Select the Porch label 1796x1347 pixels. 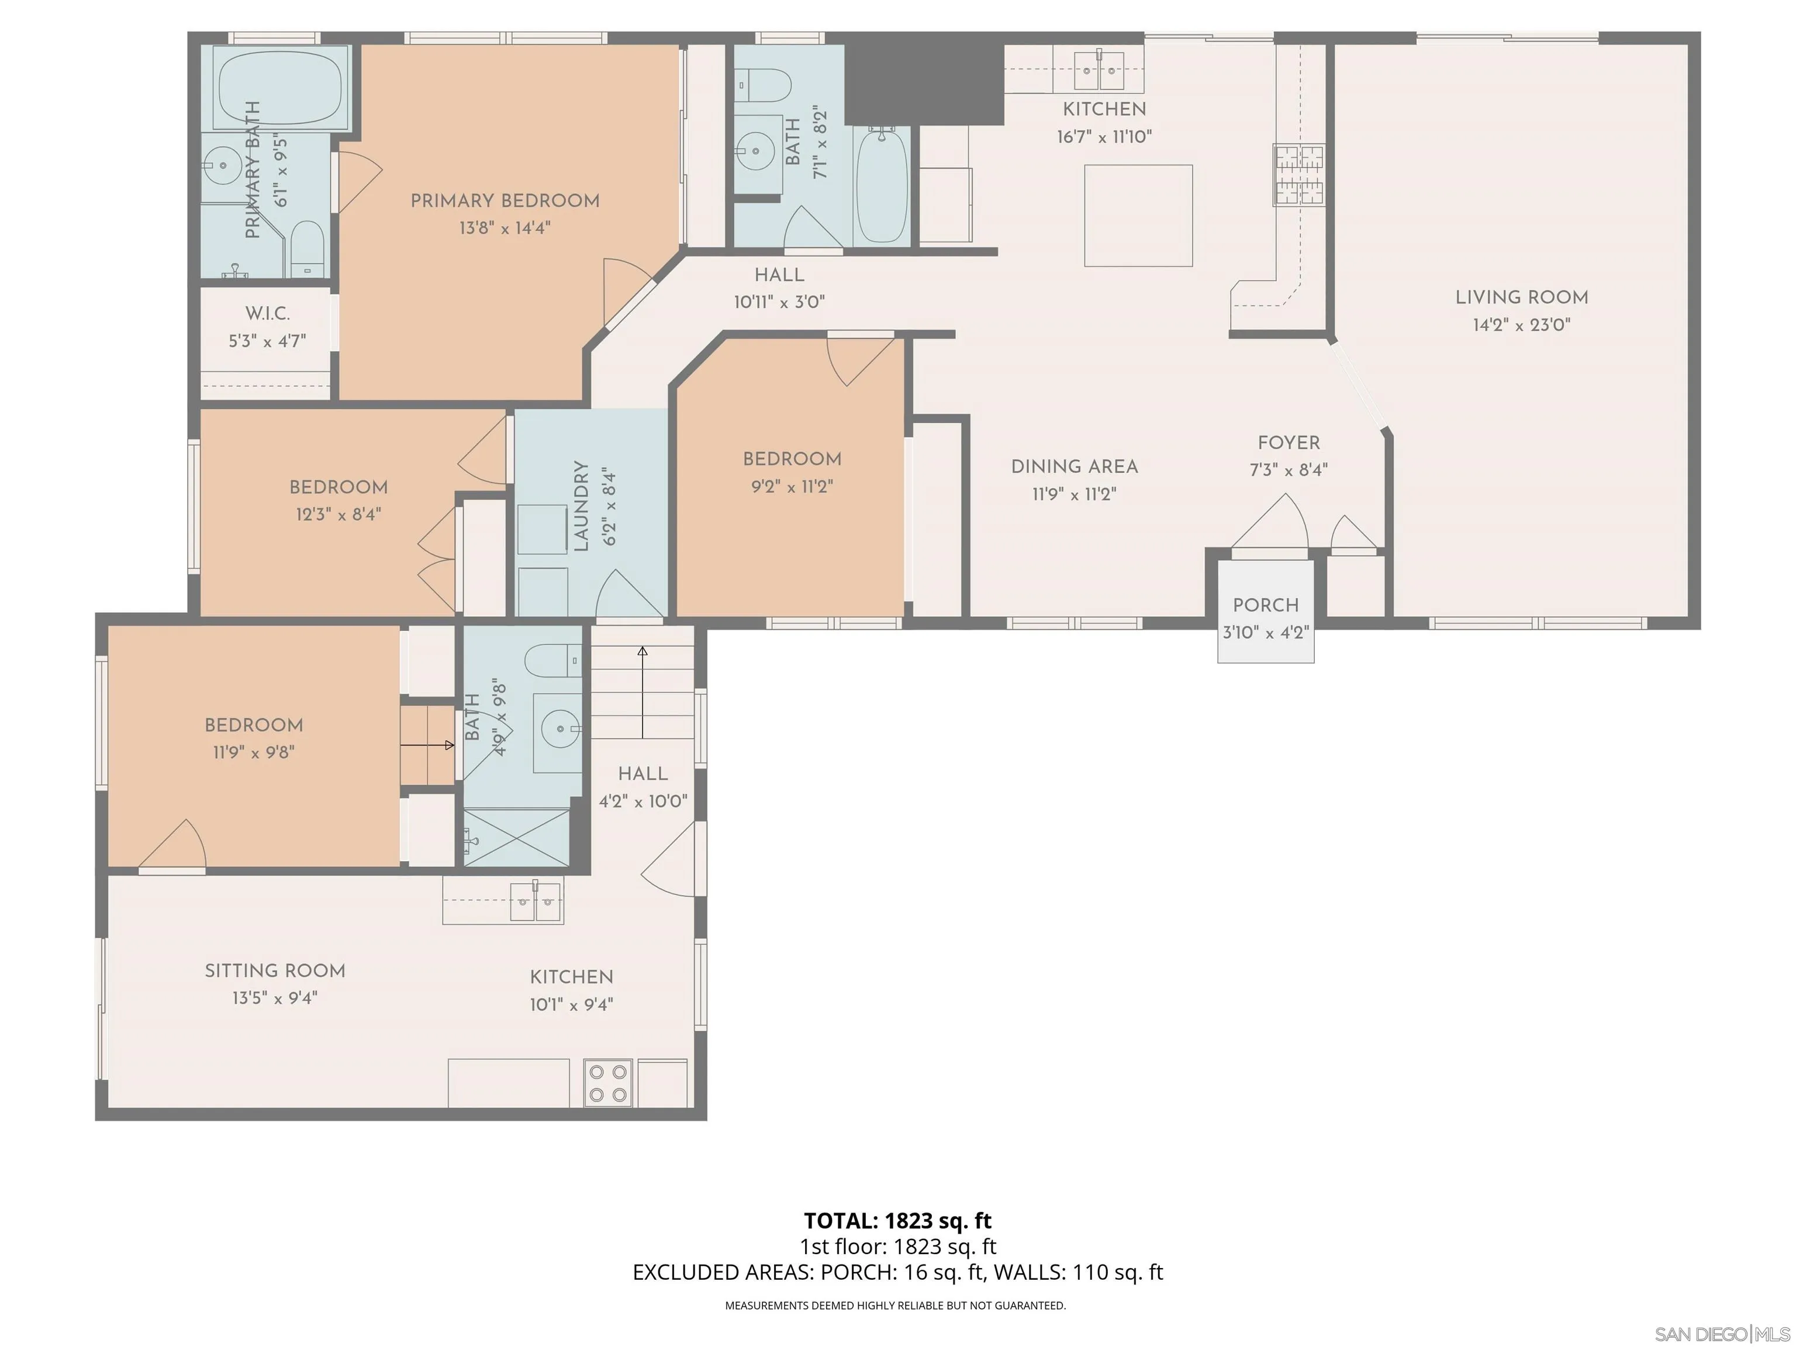1265,605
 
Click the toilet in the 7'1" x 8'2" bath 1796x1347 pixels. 764,84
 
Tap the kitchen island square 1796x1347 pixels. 1138,215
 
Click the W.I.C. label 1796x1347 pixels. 267,313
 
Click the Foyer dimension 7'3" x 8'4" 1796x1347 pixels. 1288,469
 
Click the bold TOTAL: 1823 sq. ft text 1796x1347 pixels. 897,1220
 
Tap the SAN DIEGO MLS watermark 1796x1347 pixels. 1721,1334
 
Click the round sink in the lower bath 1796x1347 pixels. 559,728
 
